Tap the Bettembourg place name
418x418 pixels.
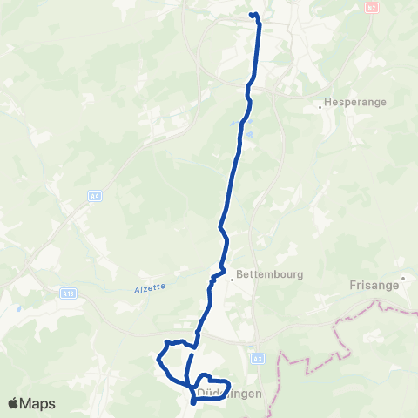[x=271, y=273]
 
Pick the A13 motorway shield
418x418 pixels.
[x=67, y=294]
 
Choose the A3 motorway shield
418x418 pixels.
[x=258, y=358]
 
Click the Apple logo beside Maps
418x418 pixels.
[x=15, y=403]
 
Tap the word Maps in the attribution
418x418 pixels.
[x=39, y=403]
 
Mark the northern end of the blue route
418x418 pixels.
[x=252, y=15]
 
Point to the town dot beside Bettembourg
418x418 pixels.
[x=233, y=280]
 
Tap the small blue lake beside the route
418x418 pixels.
[x=250, y=135]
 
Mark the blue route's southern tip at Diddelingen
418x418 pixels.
[x=192, y=403]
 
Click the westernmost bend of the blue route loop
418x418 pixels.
[x=158, y=358]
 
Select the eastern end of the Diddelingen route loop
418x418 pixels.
[x=229, y=384]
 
